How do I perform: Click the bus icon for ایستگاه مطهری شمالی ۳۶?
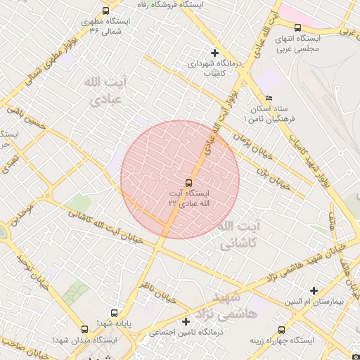pyautogui.click(x=105, y=11)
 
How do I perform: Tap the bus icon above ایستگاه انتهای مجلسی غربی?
pyautogui.click(x=297, y=27)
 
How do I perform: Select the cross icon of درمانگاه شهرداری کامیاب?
pyautogui.click(x=215, y=53)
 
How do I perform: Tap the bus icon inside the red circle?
pyautogui.click(x=188, y=183)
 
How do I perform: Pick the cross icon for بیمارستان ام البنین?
pyautogui.click(x=314, y=290)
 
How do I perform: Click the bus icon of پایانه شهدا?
pyautogui.click(x=114, y=314)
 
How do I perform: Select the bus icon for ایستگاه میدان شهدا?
pyautogui.click(x=85, y=329)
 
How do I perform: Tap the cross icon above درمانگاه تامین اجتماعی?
pyautogui.click(x=186, y=321)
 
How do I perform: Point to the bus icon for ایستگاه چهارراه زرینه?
pyautogui.click(x=282, y=329)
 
